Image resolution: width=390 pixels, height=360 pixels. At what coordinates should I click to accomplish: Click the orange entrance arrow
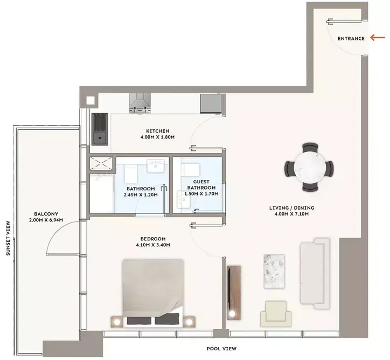click(x=378, y=38)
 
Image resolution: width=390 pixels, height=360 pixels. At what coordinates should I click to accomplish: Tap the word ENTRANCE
click(x=351, y=39)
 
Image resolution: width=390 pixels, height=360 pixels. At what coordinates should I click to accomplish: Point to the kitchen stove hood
click(x=140, y=103)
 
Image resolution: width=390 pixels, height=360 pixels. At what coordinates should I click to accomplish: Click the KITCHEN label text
click(x=157, y=131)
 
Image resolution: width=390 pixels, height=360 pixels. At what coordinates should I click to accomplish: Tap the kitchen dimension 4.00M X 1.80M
click(x=157, y=137)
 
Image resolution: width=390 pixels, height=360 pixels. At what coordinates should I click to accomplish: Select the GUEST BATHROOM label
click(x=201, y=185)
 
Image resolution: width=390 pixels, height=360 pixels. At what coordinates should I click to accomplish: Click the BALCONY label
click(x=46, y=214)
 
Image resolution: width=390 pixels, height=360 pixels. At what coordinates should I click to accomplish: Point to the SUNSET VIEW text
click(x=8, y=238)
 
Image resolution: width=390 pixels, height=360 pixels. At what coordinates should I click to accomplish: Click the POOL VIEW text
click(x=221, y=349)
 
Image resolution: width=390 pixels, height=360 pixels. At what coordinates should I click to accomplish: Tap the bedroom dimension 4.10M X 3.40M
click(x=153, y=245)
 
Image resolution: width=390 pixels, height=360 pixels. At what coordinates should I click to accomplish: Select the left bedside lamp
click(x=117, y=322)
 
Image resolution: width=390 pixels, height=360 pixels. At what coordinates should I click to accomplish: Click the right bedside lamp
click(x=189, y=322)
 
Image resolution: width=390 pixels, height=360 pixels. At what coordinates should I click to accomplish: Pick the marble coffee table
click(x=274, y=272)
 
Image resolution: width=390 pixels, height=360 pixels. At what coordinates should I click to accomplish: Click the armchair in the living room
click(x=276, y=314)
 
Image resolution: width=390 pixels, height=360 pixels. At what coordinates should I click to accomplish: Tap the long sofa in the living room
click(x=315, y=273)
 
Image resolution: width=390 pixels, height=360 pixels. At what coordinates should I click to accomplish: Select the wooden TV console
click(x=234, y=293)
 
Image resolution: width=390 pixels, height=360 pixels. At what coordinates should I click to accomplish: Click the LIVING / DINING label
click(x=292, y=207)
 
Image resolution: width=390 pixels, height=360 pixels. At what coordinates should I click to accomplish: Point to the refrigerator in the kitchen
click(x=211, y=104)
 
